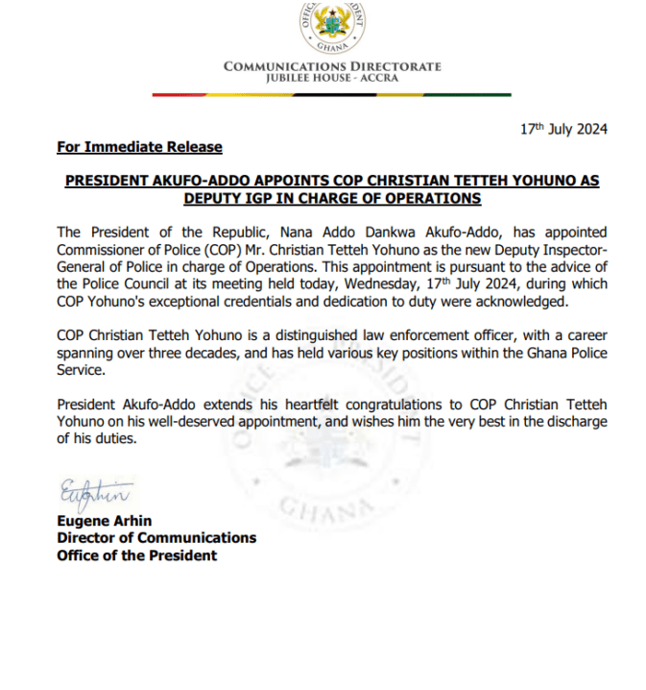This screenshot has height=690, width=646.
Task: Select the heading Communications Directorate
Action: coord(332,66)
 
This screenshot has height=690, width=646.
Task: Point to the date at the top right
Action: coord(563,130)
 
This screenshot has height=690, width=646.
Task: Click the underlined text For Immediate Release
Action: coord(139,147)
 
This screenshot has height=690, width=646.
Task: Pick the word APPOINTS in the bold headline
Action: coord(290,181)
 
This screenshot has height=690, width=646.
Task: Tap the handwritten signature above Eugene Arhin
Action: coord(93,494)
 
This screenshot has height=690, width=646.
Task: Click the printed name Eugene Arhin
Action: coord(104,522)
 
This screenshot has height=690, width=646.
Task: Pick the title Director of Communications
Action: coord(156,538)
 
